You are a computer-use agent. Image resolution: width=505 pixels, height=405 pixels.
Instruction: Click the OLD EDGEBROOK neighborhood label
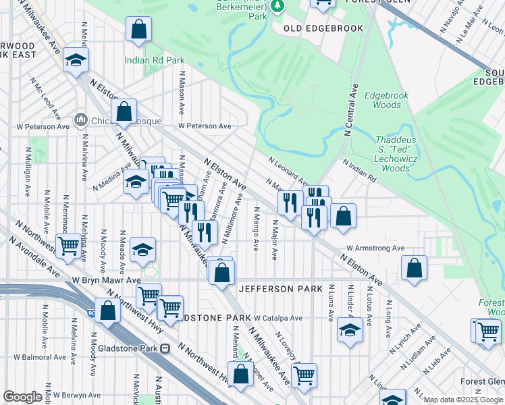323,28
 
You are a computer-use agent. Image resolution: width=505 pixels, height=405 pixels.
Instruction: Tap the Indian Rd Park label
155,60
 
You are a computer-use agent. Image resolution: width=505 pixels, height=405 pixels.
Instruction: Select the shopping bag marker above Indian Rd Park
138,30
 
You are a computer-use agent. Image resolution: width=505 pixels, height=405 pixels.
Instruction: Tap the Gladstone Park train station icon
164,348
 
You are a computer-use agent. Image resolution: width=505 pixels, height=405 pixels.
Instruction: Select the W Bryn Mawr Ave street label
106,279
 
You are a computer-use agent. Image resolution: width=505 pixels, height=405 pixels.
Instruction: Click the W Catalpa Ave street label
278,317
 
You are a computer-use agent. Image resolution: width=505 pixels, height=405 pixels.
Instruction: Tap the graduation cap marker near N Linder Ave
350,330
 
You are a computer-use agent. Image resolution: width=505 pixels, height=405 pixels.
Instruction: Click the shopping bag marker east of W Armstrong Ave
414,267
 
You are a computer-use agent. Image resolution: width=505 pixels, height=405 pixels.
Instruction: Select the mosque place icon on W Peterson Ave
81,120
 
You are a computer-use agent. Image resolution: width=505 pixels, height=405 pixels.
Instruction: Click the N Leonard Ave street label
288,171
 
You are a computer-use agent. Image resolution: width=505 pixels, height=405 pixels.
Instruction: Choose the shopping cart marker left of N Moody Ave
68,247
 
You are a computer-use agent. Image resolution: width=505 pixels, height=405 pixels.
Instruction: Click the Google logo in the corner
22,397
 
